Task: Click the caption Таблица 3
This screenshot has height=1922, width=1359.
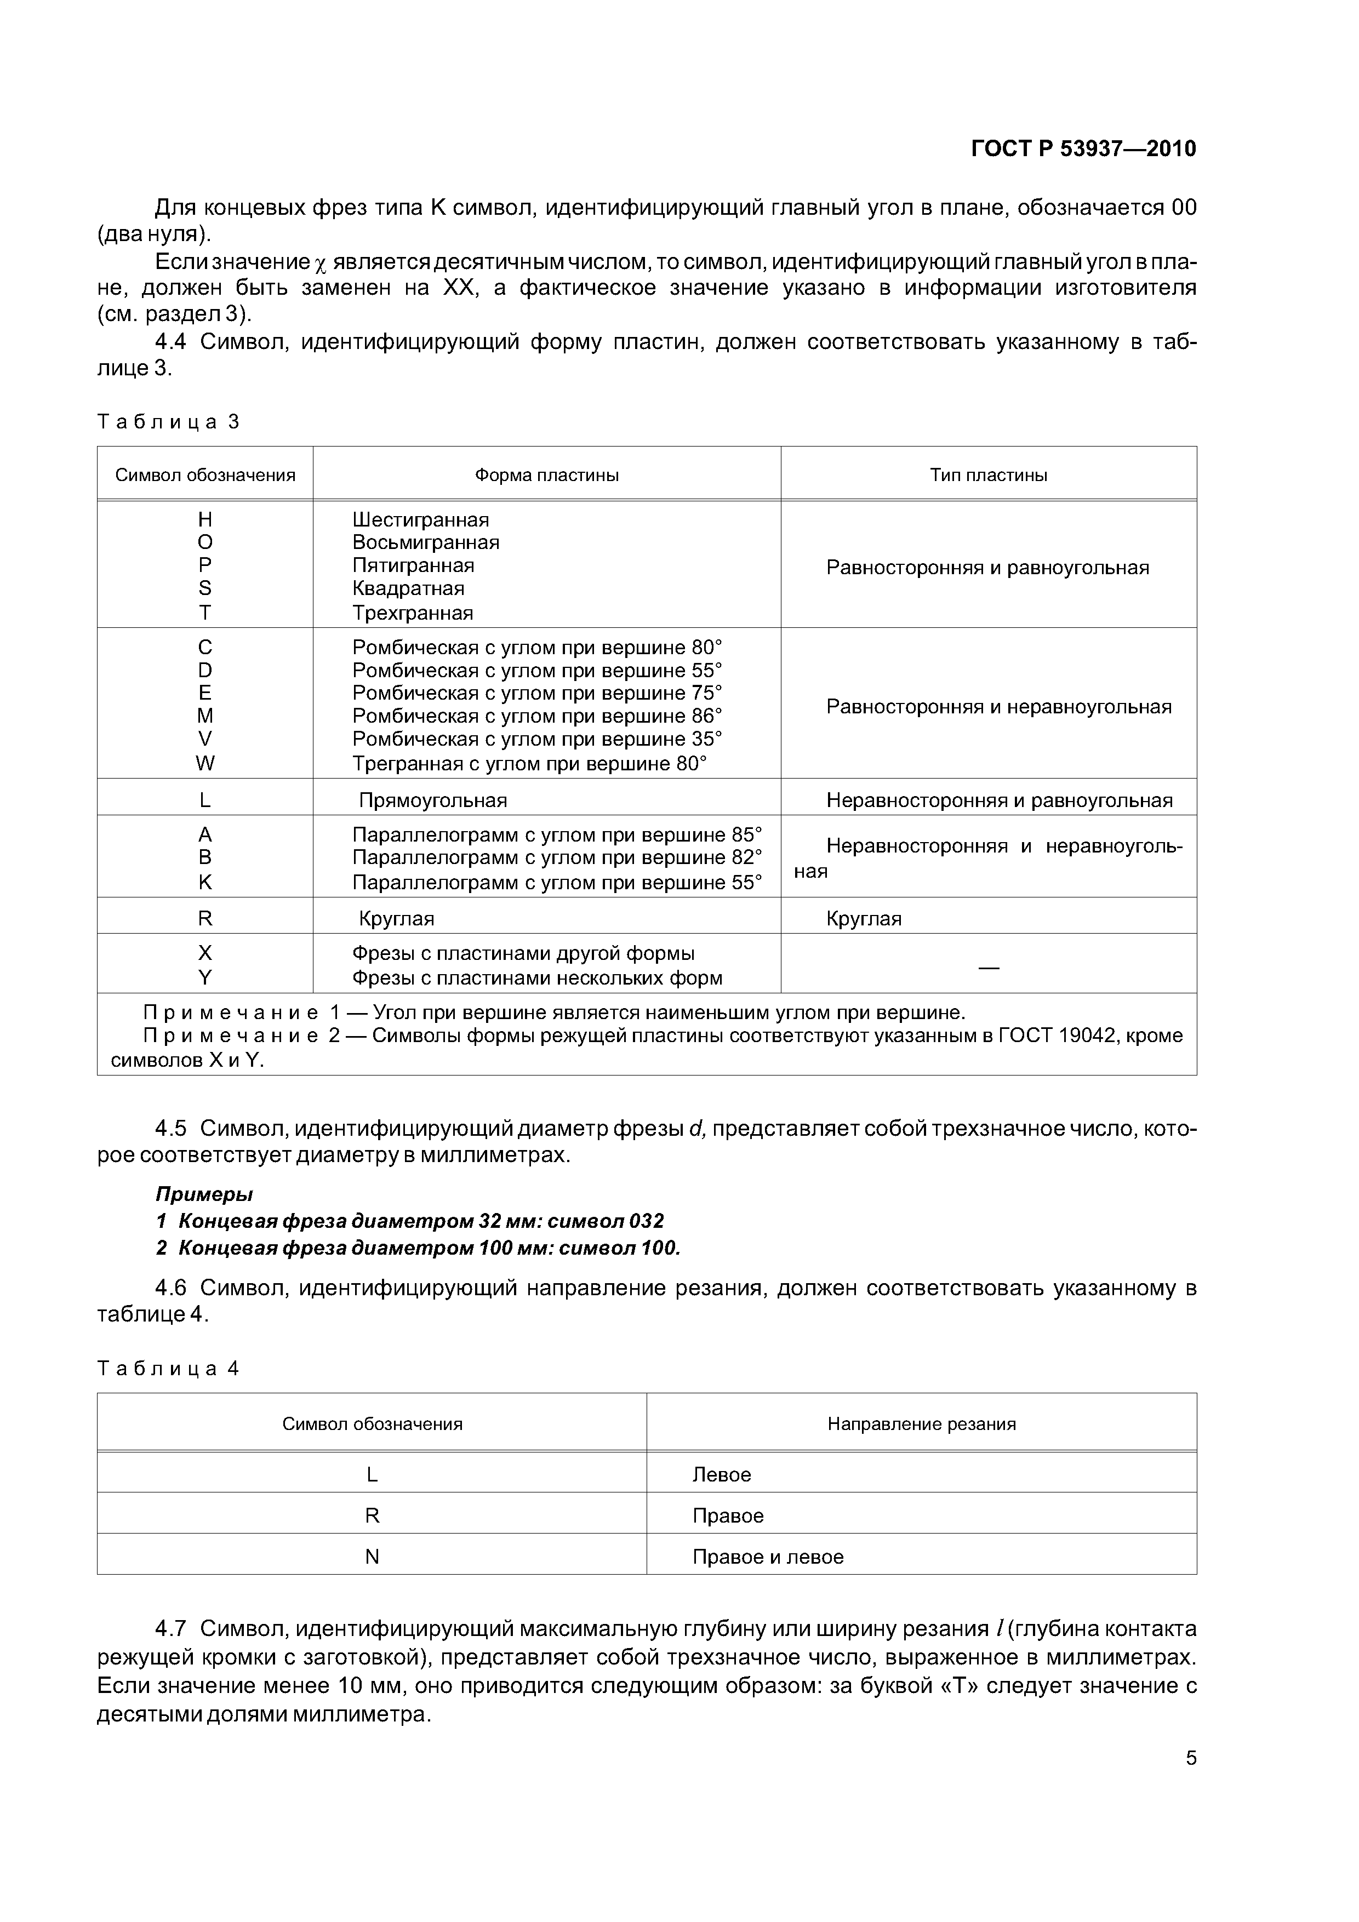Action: [168, 421]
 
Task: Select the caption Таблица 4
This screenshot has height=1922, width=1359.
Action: [168, 1369]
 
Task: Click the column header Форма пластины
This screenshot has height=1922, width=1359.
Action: [547, 476]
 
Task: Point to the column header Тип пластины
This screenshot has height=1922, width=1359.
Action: [988, 476]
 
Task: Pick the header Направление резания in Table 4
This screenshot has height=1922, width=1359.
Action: [921, 1424]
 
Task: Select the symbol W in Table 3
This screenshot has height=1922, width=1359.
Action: [205, 763]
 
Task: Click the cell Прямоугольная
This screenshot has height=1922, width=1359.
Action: [433, 800]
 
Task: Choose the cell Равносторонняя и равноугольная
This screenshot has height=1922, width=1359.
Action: [987, 568]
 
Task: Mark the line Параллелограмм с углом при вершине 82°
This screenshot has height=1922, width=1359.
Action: [557, 858]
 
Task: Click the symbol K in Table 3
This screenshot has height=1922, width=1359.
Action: [205, 882]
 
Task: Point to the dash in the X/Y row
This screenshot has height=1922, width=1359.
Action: [988, 967]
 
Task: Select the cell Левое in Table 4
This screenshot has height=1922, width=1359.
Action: [722, 1474]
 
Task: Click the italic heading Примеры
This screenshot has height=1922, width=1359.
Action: [204, 1194]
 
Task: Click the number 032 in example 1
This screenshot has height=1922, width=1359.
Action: [646, 1221]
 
